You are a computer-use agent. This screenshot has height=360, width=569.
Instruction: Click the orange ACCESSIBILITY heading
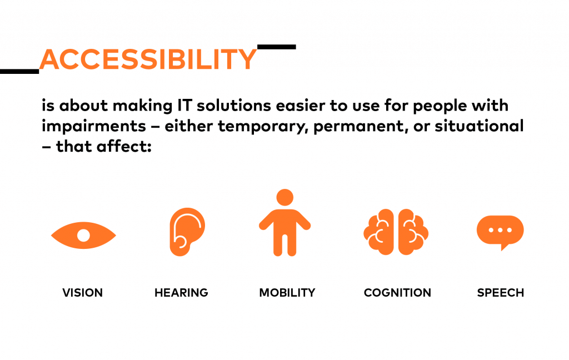[148, 59]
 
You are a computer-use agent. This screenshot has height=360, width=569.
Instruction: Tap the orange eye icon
[83, 235]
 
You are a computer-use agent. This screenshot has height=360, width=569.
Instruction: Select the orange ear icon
[187, 232]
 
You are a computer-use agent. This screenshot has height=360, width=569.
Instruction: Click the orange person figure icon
[285, 222]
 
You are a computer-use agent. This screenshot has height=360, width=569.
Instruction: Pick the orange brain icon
[396, 232]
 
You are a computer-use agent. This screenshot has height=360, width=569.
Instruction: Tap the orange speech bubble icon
[500, 232]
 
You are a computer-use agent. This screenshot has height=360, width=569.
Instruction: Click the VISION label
[83, 292]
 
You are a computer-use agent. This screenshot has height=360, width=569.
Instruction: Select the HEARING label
[182, 292]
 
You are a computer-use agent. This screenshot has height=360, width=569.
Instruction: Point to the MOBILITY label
[287, 292]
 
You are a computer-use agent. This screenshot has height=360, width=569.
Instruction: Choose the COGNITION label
[397, 292]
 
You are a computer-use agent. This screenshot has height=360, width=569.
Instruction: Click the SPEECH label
[501, 292]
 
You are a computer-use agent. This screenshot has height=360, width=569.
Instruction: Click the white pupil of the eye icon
[83, 235]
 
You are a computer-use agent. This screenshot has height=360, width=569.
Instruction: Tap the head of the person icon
[285, 197]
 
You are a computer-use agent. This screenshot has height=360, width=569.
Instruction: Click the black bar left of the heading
[19, 72]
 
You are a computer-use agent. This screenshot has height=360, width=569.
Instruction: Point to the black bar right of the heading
[277, 47]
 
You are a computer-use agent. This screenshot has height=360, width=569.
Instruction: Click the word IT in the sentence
[184, 106]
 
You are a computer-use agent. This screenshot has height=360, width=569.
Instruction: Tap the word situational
[479, 126]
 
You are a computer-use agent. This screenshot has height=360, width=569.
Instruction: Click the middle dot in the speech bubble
[500, 230]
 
